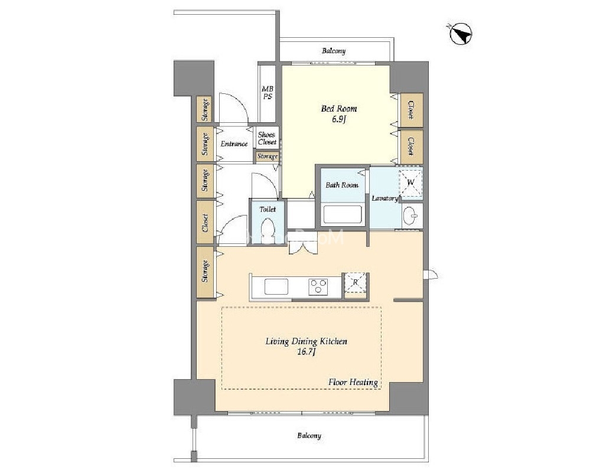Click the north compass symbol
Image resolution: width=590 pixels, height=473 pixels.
460,34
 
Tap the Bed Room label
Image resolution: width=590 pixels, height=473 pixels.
338,109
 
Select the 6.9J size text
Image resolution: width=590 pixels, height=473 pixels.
338,120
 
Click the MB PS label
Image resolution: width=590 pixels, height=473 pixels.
268,93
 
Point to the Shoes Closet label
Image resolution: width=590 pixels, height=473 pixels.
267,139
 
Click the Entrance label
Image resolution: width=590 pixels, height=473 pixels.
234,143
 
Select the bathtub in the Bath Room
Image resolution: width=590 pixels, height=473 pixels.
343,214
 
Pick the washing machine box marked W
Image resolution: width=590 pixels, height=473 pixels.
410,182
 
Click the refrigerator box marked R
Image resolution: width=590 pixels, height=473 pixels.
355,282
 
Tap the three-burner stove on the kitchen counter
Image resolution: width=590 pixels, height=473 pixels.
318,287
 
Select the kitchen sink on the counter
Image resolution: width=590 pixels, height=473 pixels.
276,287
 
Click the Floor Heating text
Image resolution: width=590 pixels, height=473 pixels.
353,382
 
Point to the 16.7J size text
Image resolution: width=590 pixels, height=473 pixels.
307,352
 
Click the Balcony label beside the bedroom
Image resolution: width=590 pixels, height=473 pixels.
334,51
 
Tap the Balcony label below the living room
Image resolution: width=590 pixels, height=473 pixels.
309,436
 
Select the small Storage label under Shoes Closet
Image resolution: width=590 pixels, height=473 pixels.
268,156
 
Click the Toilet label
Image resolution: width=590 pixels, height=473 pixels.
268,209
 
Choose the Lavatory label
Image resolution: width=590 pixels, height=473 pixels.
384,198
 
